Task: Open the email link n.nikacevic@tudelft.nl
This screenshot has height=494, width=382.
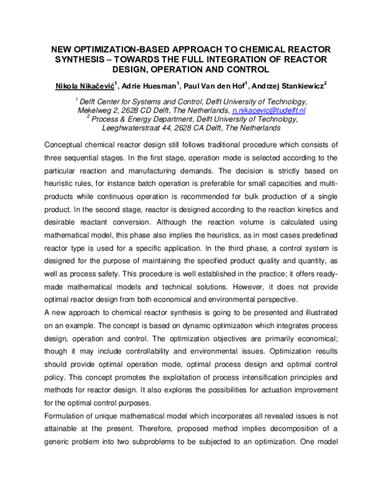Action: (270, 110)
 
